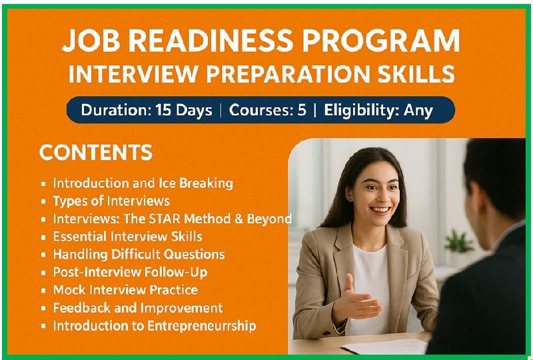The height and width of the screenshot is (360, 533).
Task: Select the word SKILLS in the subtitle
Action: (416, 73)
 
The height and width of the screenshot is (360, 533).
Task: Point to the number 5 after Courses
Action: (302, 110)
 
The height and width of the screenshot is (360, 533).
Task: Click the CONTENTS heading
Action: (96, 153)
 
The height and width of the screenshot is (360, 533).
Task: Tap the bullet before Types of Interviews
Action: (43, 202)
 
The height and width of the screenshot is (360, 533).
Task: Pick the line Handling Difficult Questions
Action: (139, 254)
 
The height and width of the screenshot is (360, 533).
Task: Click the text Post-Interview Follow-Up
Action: (130, 272)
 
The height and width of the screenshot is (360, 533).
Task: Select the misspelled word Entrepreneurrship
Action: (202, 326)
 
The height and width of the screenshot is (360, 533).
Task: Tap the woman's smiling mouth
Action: (380, 211)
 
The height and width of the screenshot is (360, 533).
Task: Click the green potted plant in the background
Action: (458, 242)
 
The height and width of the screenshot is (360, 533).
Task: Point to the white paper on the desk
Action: (384, 347)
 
